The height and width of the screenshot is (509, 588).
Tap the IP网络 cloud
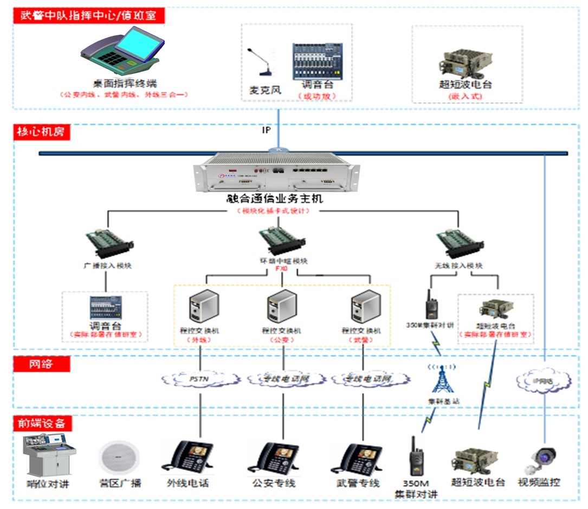(544, 380)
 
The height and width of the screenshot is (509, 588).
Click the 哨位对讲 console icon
(49, 456)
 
